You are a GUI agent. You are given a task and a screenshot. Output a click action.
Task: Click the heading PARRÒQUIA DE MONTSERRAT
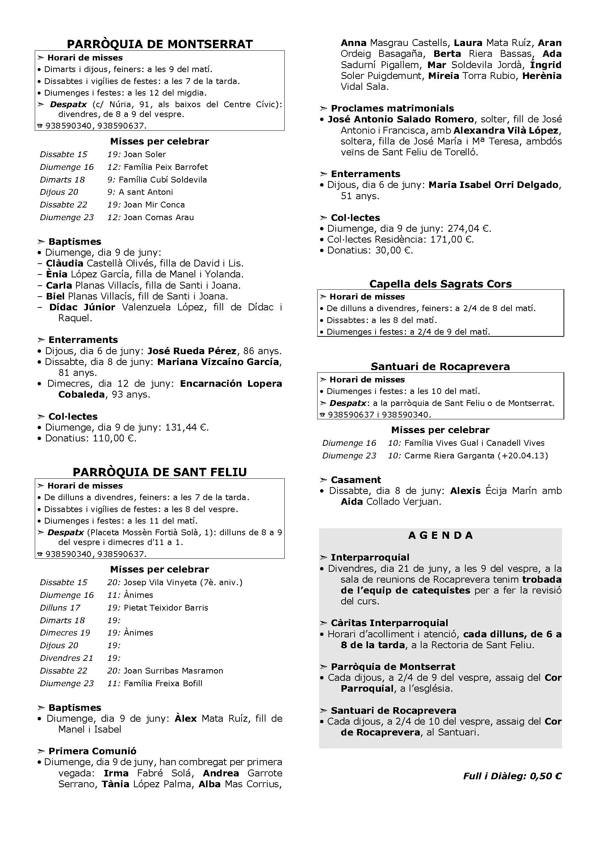(x=160, y=44)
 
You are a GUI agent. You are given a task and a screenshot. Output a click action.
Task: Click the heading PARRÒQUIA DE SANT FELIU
(x=160, y=472)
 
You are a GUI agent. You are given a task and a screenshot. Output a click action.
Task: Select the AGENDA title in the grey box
(x=440, y=535)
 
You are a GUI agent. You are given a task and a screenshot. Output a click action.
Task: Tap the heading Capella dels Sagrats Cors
(x=440, y=284)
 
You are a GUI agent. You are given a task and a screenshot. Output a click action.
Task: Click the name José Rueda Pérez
(x=192, y=351)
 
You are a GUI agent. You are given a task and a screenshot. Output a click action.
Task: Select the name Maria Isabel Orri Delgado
(x=493, y=185)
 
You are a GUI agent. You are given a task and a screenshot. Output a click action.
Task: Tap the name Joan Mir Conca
(x=154, y=205)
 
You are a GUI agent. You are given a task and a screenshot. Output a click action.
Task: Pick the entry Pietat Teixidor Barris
(x=166, y=608)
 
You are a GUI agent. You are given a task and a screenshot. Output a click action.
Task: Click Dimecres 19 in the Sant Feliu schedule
(x=65, y=633)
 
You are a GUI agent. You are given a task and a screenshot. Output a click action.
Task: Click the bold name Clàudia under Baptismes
(x=64, y=263)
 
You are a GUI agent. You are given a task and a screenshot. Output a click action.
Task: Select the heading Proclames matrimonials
(x=392, y=109)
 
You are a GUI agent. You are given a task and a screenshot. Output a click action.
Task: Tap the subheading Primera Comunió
(x=92, y=751)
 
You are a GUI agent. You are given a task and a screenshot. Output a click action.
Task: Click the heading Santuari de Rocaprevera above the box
(x=440, y=366)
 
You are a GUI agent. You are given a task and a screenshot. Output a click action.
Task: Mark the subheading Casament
(x=356, y=480)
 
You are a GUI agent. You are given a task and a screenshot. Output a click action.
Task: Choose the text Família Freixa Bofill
(x=163, y=683)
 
